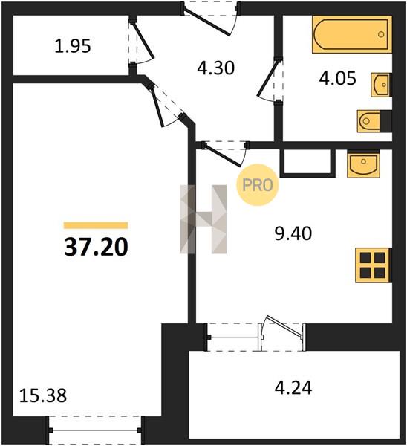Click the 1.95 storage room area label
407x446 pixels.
[73, 46]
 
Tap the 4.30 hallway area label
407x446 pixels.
[216, 68]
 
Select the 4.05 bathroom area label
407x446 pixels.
[337, 78]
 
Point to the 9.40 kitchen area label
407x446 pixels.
[293, 233]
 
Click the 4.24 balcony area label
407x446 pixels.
[293, 387]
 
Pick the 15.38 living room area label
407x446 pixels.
[43, 395]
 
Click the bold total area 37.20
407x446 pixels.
[96, 247]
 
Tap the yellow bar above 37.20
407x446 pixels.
[96, 225]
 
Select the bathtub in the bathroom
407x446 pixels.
[352, 34]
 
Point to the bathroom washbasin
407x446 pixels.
[381, 85]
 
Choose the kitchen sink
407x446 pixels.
[363, 164]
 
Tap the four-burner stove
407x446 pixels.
[373, 265]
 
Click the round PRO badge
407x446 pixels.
[258, 185]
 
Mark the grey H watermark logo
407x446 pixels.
[203, 219]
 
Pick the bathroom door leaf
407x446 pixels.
[267, 79]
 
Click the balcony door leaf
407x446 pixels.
[284, 327]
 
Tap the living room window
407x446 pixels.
[95, 430]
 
